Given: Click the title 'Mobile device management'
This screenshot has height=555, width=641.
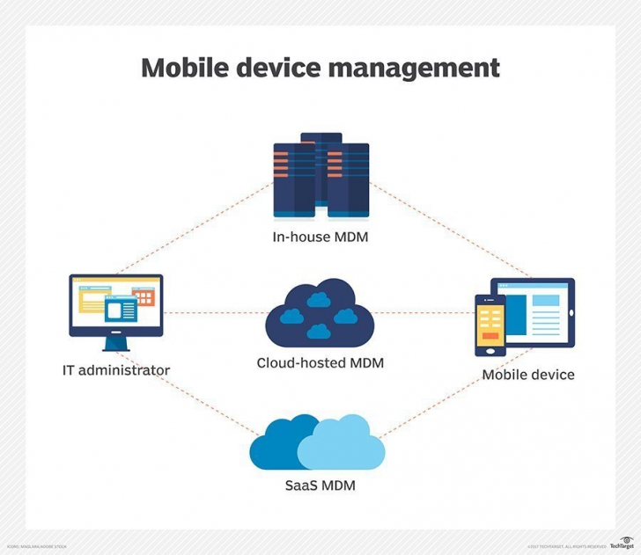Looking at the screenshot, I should point(320,68).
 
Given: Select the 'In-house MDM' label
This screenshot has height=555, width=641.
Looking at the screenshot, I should point(320,237).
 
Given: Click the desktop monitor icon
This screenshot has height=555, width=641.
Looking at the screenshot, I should point(115,304).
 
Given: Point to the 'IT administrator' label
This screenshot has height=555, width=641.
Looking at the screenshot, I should point(115,370).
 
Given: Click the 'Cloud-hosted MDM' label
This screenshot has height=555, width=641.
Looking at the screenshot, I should point(320,362).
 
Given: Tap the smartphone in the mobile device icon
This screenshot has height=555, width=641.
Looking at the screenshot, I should point(490,325).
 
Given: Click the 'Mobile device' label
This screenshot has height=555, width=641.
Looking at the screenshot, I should point(528,375).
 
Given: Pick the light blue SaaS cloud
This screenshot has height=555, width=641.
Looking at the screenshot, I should point(339,445).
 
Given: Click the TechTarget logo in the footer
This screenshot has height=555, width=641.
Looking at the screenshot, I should point(621,544).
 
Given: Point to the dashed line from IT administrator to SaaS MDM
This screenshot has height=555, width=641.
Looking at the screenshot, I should point(189,396).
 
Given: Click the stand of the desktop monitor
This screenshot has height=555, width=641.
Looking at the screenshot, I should point(115,343).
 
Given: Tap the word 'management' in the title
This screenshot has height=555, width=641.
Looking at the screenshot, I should point(414,68).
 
